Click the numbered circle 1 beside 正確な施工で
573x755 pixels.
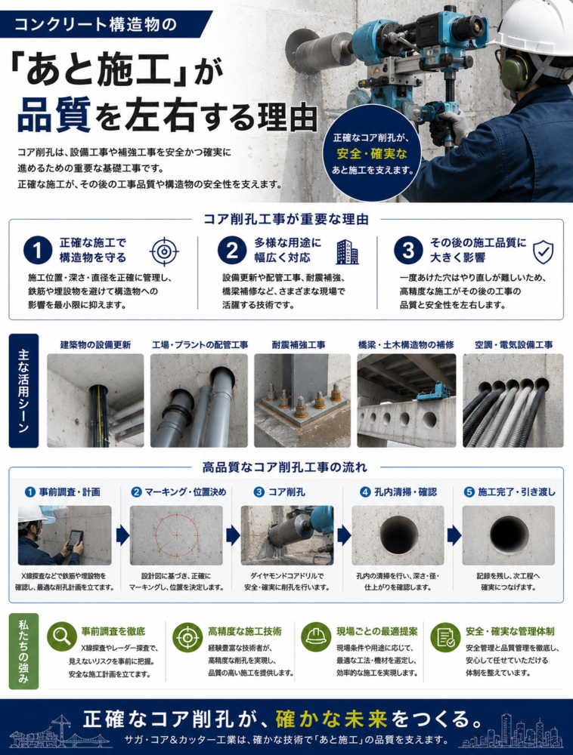pyautogui.click(x=38, y=250)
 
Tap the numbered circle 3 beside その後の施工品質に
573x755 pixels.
pyautogui.click(x=407, y=250)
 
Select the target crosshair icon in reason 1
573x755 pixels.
pyautogui.click(x=164, y=251)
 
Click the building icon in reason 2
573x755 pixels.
pyautogui.click(x=348, y=252)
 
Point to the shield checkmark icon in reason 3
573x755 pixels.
pyautogui.click(x=543, y=252)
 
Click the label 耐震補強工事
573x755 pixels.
pyautogui.click(x=299, y=345)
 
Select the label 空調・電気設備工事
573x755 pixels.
pyautogui.click(x=514, y=345)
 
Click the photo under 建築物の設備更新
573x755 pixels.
pyautogui.click(x=95, y=401)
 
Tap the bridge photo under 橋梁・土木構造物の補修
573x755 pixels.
pyautogui.click(x=406, y=401)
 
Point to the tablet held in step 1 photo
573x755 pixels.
pyautogui.click(x=75, y=539)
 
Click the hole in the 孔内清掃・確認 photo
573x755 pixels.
pyautogui.click(x=398, y=535)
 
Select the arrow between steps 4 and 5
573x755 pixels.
pyautogui.click(x=454, y=535)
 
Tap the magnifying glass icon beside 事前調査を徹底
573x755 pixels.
pyautogui.click(x=62, y=636)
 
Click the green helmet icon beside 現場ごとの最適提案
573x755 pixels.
pyautogui.click(x=316, y=636)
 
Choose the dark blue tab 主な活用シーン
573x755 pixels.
pyautogui.click(x=23, y=390)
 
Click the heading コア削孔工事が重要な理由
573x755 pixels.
pyautogui.click(x=286, y=220)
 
